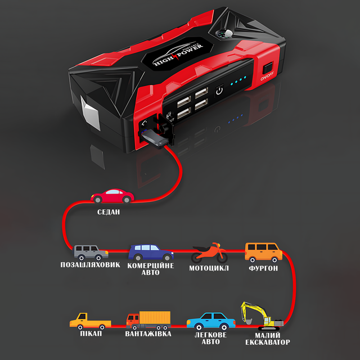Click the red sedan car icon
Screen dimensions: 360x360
coord(112,196)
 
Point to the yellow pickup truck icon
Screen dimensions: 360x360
coord(89,321)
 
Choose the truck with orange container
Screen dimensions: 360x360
coord(148,320)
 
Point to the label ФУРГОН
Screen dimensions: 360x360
coord(263,268)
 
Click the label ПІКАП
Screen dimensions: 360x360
coord(91,334)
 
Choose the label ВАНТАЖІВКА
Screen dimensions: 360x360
coord(148,334)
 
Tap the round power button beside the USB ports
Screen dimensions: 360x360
coord(219,90)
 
